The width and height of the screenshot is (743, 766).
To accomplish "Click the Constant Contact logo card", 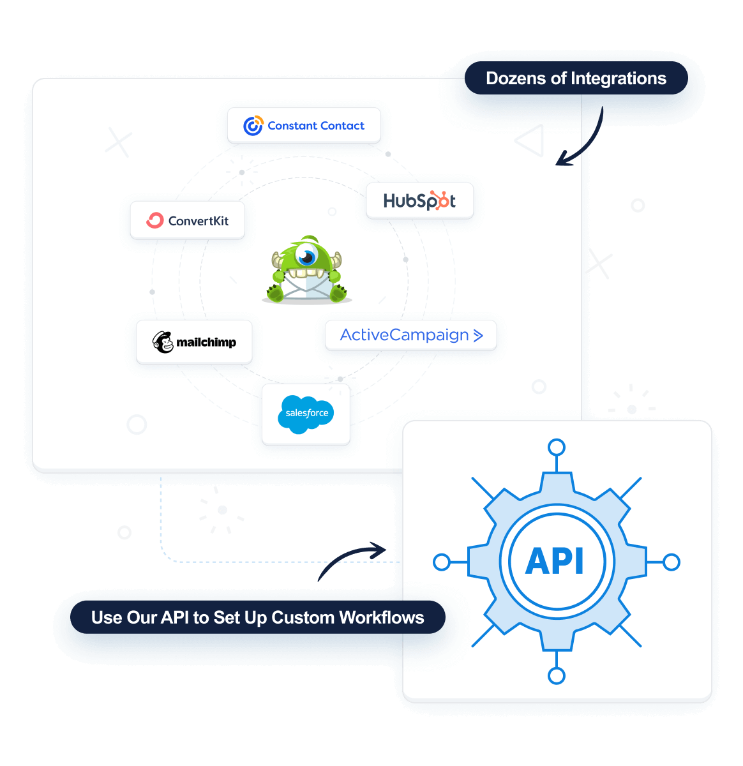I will click(304, 126).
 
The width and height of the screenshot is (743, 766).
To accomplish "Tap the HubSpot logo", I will click(419, 201).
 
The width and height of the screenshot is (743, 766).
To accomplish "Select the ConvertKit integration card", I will click(188, 221).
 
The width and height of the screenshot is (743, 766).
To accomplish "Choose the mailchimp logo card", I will click(194, 342).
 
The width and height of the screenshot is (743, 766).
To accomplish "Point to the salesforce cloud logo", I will click(306, 414).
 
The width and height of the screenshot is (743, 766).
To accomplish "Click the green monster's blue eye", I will click(308, 257).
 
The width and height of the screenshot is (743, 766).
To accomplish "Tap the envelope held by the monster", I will click(307, 285).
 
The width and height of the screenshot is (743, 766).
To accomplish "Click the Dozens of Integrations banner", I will click(576, 79).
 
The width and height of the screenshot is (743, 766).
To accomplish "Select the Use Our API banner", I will click(257, 617).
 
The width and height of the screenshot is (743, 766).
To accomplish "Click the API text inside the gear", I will click(555, 562).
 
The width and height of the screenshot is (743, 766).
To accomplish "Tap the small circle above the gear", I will click(557, 447).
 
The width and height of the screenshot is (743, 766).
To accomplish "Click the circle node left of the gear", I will click(441, 562).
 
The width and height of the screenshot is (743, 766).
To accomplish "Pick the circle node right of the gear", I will click(672, 562).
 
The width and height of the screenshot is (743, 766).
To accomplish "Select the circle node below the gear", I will click(557, 675).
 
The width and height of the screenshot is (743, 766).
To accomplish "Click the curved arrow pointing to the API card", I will click(351, 560).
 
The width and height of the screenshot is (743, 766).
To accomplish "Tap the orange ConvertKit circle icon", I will click(155, 220).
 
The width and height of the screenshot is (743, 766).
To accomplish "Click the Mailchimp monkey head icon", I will click(163, 342).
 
